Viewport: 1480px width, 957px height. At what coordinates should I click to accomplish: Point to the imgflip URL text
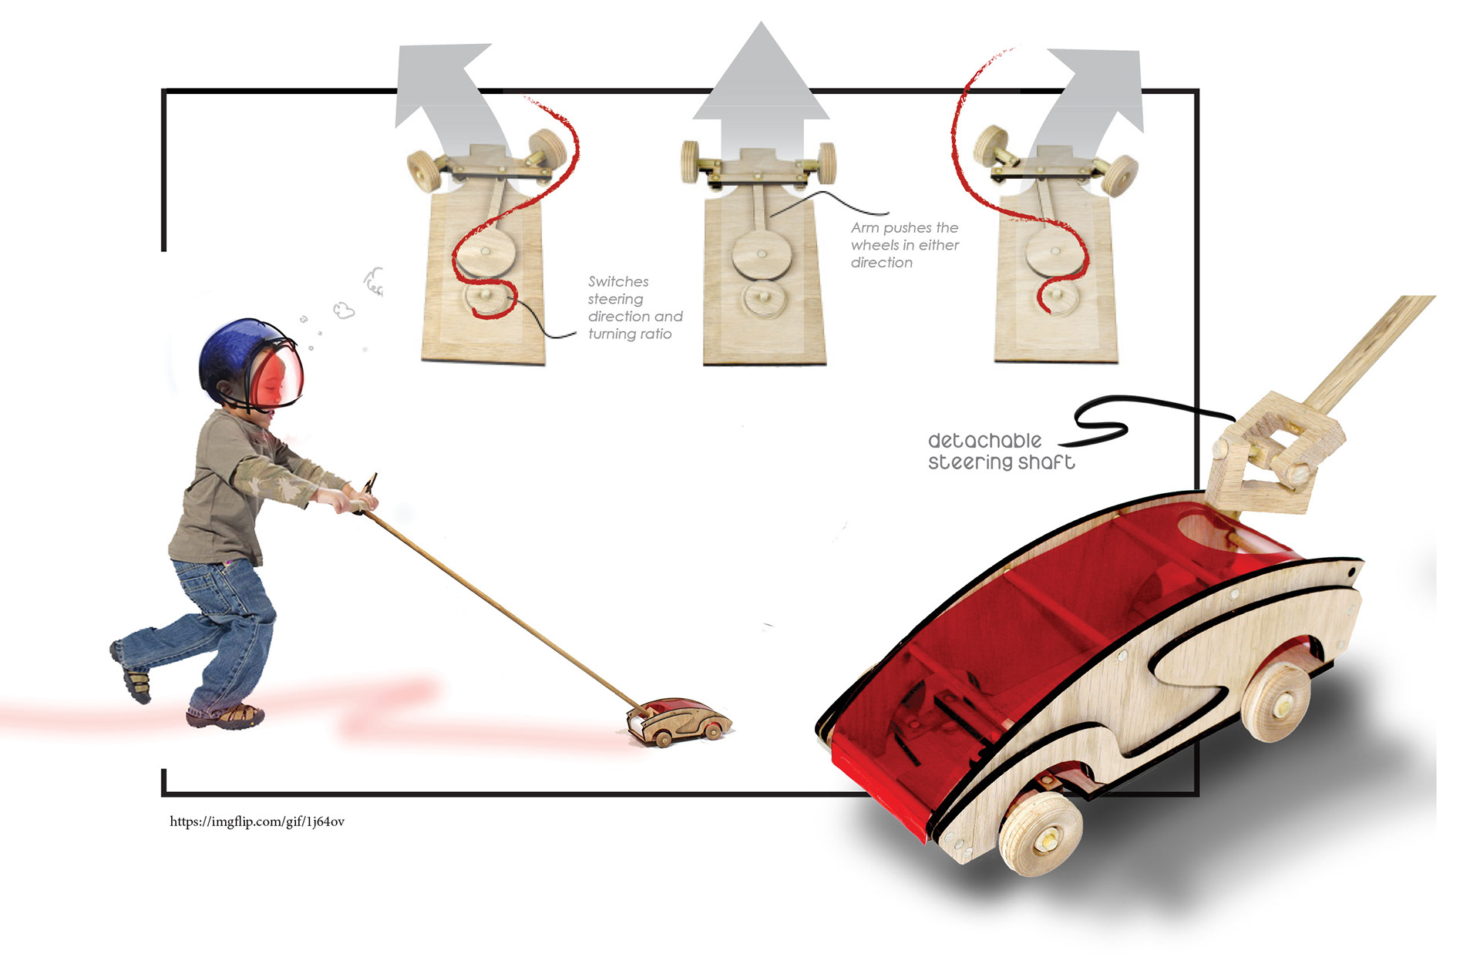[x=257, y=821]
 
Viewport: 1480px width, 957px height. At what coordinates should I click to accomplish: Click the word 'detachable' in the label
[x=984, y=441]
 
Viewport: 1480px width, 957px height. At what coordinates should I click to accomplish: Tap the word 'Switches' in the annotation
[x=618, y=281]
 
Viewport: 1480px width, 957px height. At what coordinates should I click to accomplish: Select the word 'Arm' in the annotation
[x=865, y=227]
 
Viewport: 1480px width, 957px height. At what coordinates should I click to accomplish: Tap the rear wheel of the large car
[x=1276, y=700]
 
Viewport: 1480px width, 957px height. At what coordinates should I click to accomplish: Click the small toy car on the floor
[x=678, y=722]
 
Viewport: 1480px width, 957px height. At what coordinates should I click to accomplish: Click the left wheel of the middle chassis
[x=690, y=162]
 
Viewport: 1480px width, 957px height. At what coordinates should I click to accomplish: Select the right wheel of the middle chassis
[x=827, y=163]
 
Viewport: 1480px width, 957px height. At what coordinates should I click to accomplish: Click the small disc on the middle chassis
[x=765, y=298]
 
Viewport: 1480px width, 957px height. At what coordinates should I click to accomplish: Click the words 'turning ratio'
[x=630, y=334]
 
